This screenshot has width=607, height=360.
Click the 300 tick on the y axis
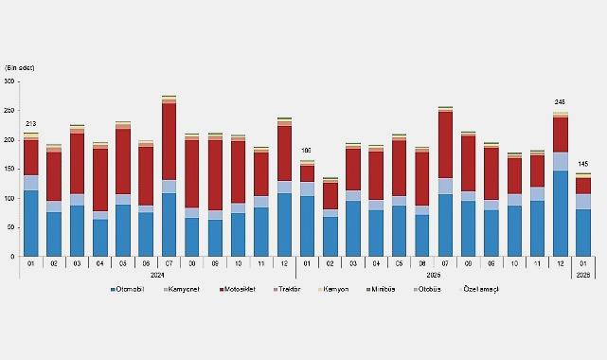(9, 82)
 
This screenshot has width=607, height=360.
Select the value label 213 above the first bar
(31, 125)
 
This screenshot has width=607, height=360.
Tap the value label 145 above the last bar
(584, 165)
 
